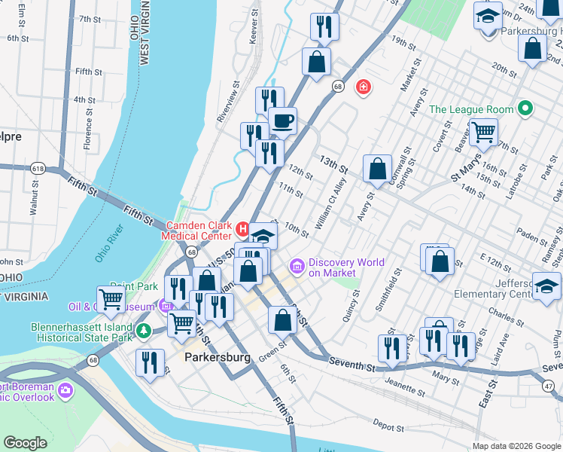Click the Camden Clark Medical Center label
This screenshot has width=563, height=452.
tap(199, 231)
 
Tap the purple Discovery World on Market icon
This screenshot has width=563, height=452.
tap(297, 266)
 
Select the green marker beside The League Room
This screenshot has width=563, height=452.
tap(526, 109)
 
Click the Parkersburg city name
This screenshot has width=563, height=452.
tap(217, 358)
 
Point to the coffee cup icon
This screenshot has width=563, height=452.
tap(282, 121)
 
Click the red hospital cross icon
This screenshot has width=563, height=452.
tap(364, 87)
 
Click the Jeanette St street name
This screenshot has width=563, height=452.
tap(405, 389)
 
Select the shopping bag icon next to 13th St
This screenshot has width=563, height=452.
tap(377, 169)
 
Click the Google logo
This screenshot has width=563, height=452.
tap(25, 443)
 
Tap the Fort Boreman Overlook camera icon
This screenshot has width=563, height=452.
tap(65, 392)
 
